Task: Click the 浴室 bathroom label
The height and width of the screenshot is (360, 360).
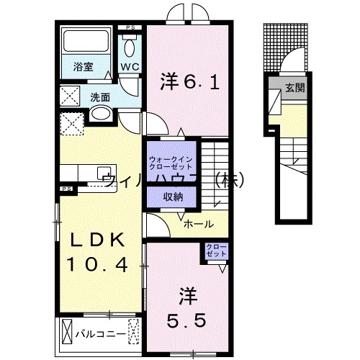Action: (83, 67)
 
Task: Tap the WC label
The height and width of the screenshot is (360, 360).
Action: (129, 67)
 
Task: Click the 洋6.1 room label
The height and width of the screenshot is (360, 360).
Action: (188, 81)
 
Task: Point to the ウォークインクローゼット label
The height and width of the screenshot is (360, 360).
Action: (168, 162)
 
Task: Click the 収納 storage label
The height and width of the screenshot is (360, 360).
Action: (167, 196)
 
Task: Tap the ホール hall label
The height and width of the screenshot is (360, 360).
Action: (197, 225)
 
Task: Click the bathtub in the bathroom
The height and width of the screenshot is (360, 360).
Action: (83, 42)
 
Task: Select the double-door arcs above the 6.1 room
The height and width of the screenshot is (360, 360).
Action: (186, 14)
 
